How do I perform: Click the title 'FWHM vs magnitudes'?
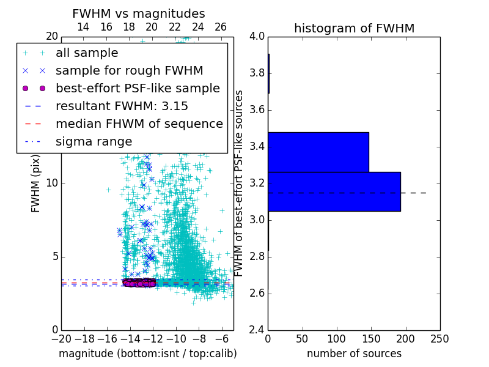[139, 13]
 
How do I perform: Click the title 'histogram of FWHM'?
[354, 28]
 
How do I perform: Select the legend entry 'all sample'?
[87, 53]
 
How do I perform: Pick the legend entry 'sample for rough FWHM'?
[129, 71]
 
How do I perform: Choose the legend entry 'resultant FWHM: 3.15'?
[130, 106]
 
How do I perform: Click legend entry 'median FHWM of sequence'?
[139, 124]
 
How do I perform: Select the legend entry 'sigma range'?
[94, 142]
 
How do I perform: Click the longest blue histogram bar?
[334, 191]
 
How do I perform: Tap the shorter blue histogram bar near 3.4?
[318, 152]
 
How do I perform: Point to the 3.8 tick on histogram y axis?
[257, 73]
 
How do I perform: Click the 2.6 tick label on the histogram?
[257, 293]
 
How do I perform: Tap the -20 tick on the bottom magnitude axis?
[61, 338]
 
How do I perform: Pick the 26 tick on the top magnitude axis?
[221, 27]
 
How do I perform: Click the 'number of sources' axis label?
[354, 354]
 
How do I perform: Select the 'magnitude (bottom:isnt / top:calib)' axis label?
[147, 354]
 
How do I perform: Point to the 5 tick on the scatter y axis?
[54, 256]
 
